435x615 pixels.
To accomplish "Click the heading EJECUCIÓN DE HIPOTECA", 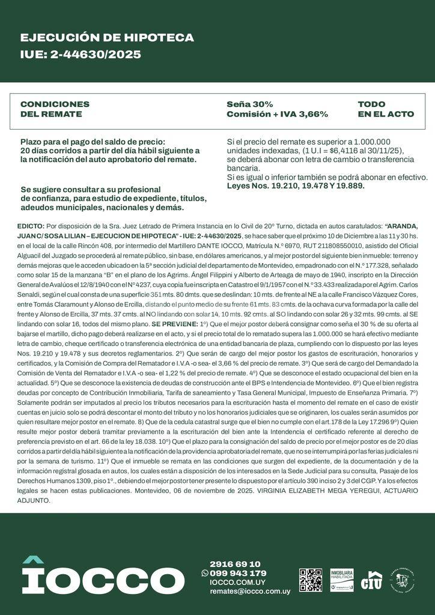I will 107,38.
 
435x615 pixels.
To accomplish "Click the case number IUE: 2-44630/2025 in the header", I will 81,55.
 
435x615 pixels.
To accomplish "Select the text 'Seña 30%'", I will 249,104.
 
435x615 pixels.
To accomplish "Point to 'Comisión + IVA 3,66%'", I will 277,114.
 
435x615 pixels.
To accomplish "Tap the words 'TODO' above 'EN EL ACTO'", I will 371,104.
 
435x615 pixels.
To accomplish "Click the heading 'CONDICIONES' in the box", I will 55,104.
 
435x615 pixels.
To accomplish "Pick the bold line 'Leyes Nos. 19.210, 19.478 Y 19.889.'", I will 296,186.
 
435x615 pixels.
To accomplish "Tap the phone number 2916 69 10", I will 235,564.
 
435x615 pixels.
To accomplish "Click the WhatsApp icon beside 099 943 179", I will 205,574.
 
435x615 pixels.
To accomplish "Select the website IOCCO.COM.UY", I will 237,583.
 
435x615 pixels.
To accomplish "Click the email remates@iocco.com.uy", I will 249,592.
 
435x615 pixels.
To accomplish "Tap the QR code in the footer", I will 311,579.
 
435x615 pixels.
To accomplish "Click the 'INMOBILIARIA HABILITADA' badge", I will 341,580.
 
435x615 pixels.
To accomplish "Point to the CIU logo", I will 371,580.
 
